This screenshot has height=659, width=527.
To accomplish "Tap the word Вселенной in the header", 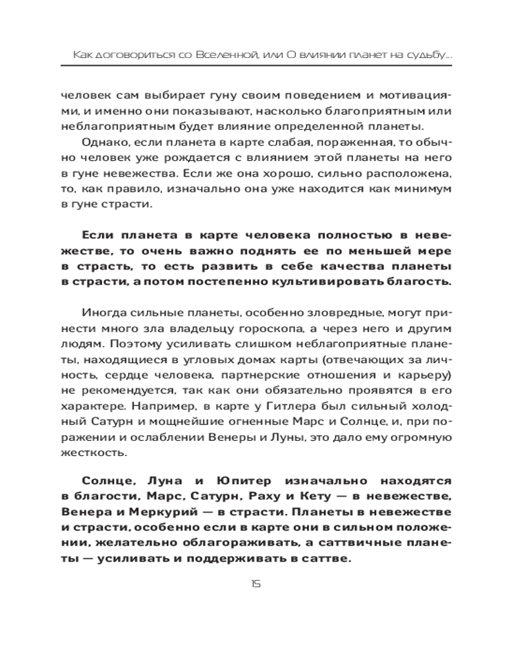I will [226, 57].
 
